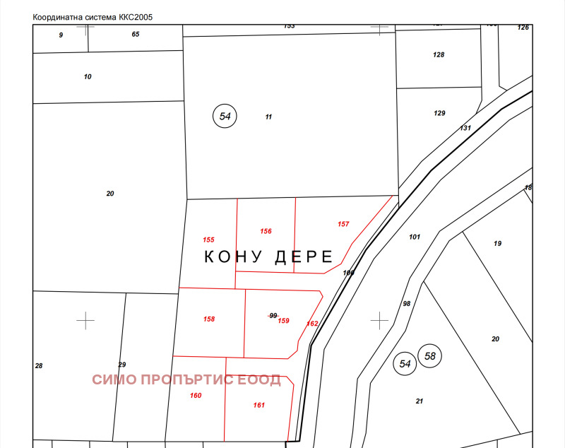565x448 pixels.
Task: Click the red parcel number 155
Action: (x=208, y=240)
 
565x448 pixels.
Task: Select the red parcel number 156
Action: (x=266, y=231)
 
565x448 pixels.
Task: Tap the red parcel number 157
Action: (x=343, y=224)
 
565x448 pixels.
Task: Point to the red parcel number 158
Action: (x=209, y=319)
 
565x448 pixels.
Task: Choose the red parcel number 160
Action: (x=196, y=395)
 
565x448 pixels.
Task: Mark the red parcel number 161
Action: (x=258, y=405)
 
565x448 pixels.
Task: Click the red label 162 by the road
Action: (x=312, y=324)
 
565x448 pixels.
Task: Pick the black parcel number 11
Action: (x=268, y=117)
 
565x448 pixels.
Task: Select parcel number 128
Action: (x=439, y=54)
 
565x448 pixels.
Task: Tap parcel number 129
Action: (x=439, y=113)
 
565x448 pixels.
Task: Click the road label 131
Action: (x=465, y=128)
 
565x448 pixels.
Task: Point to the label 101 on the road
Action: (x=415, y=237)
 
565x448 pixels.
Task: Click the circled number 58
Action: (x=430, y=356)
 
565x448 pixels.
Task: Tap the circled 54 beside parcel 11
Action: (x=225, y=116)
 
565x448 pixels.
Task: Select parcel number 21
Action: (x=420, y=401)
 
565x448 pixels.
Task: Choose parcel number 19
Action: (x=497, y=243)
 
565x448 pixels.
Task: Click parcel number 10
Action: (x=88, y=76)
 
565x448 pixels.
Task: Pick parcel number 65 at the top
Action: (x=136, y=34)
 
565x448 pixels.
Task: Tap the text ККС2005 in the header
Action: (x=135, y=16)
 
